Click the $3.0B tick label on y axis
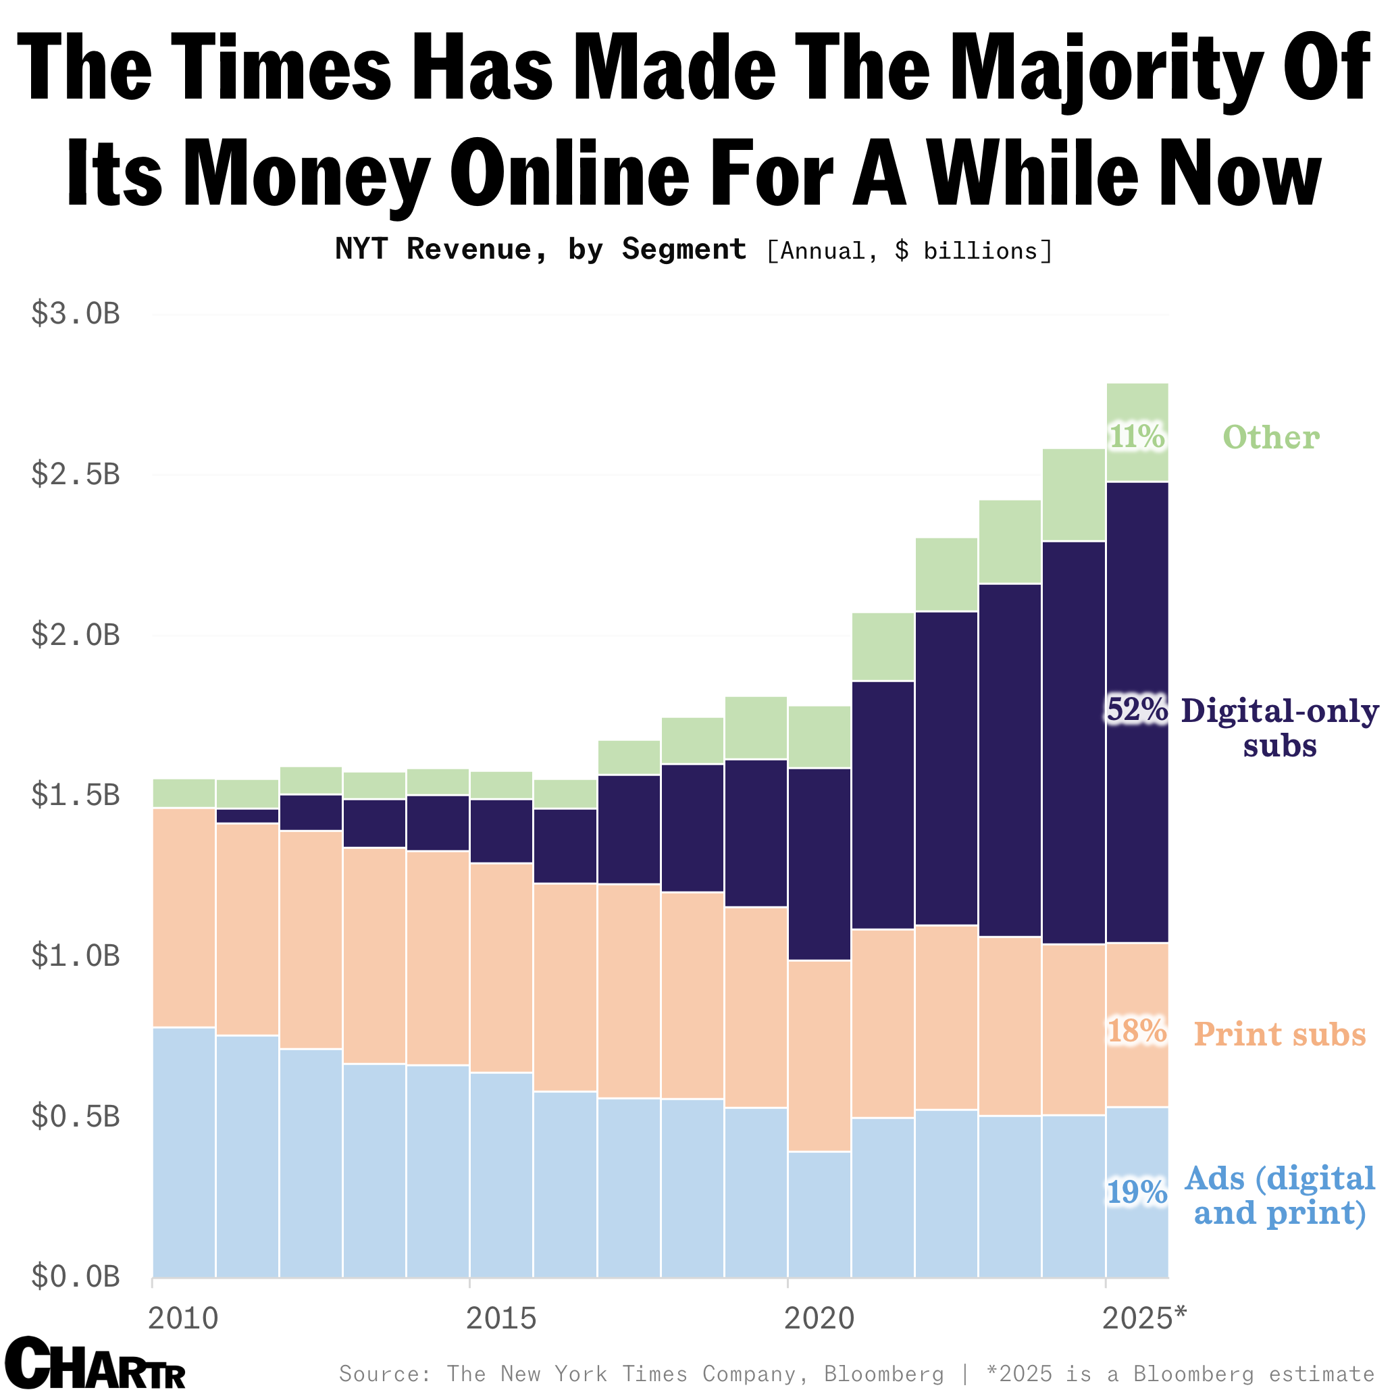[75, 315]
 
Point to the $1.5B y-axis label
[75, 796]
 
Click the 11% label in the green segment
[1137, 436]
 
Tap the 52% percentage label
[1137, 710]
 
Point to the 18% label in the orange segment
[1137, 1032]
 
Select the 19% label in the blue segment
[1137, 1193]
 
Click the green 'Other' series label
[1270, 437]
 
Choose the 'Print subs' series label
[1279, 1034]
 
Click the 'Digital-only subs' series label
[1279, 728]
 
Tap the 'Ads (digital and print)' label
[1279, 1195]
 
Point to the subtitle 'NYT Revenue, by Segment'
[540, 250]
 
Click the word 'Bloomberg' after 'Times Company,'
[884, 1374]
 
